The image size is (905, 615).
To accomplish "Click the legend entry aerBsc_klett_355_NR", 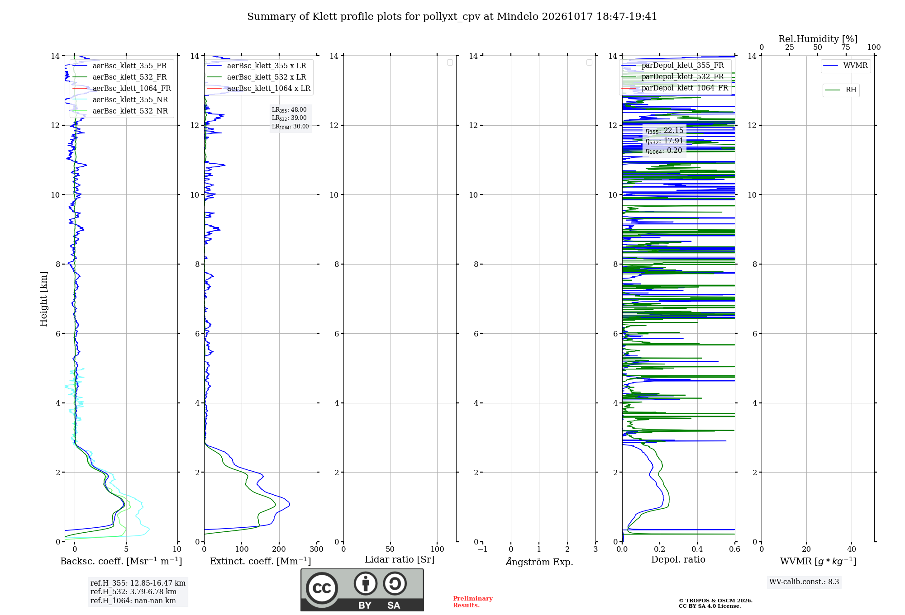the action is coord(120,99).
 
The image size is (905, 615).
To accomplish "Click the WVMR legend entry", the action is coord(845,66).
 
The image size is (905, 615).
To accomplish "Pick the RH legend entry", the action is coord(841,90).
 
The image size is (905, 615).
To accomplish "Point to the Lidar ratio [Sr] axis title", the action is coord(400,559).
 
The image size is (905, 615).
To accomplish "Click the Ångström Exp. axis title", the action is coord(539,562).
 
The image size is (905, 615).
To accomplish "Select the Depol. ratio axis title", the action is coord(678,559).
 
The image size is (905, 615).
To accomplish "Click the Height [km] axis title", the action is coord(43,299).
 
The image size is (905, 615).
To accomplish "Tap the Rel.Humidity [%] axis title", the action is coord(818,39).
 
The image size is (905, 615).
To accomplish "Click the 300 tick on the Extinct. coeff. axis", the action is coord(317,549).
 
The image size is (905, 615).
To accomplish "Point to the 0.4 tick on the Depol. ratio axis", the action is coord(697,549).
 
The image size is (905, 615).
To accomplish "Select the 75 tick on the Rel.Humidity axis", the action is coord(846,47).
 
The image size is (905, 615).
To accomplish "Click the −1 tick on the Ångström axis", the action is coord(483,549).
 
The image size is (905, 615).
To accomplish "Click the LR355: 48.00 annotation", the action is coord(289,110).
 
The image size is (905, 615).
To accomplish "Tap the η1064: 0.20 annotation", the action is coord(664,151).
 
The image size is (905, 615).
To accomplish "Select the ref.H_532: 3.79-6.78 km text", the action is coord(133,591).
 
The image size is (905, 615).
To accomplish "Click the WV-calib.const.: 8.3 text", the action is coord(804,582).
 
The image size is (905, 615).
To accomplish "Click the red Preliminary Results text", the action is coord(473,602).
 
